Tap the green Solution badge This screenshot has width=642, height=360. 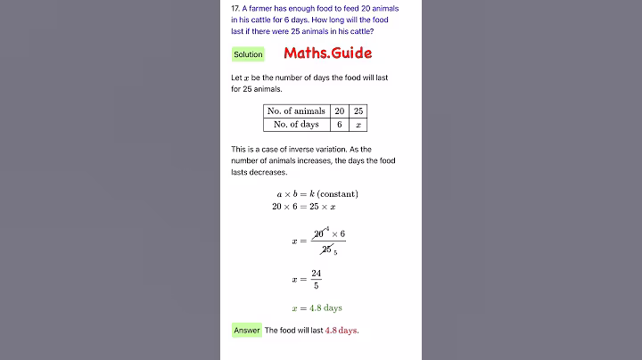[x=248, y=54]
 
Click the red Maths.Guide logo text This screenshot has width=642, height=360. [x=328, y=53]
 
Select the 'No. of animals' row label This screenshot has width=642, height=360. [x=296, y=111]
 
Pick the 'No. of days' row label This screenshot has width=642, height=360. [x=296, y=125]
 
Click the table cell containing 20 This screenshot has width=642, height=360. [x=339, y=111]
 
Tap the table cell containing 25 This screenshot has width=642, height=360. [x=358, y=111]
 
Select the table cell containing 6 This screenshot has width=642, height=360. [x=339, y=125]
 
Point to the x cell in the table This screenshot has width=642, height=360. [x=358, y=125]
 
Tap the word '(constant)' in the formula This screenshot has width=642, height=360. [x=338, y=193]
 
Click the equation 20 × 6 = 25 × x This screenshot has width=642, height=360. [x=304, y=207]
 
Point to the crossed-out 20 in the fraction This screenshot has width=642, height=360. [x=319, y=233]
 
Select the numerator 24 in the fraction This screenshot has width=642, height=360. [x=317, y=274]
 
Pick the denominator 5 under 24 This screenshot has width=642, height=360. [x=317, y=286]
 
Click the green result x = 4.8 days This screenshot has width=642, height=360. [x=317, y=308]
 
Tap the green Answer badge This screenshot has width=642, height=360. [x=247, y=330]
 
